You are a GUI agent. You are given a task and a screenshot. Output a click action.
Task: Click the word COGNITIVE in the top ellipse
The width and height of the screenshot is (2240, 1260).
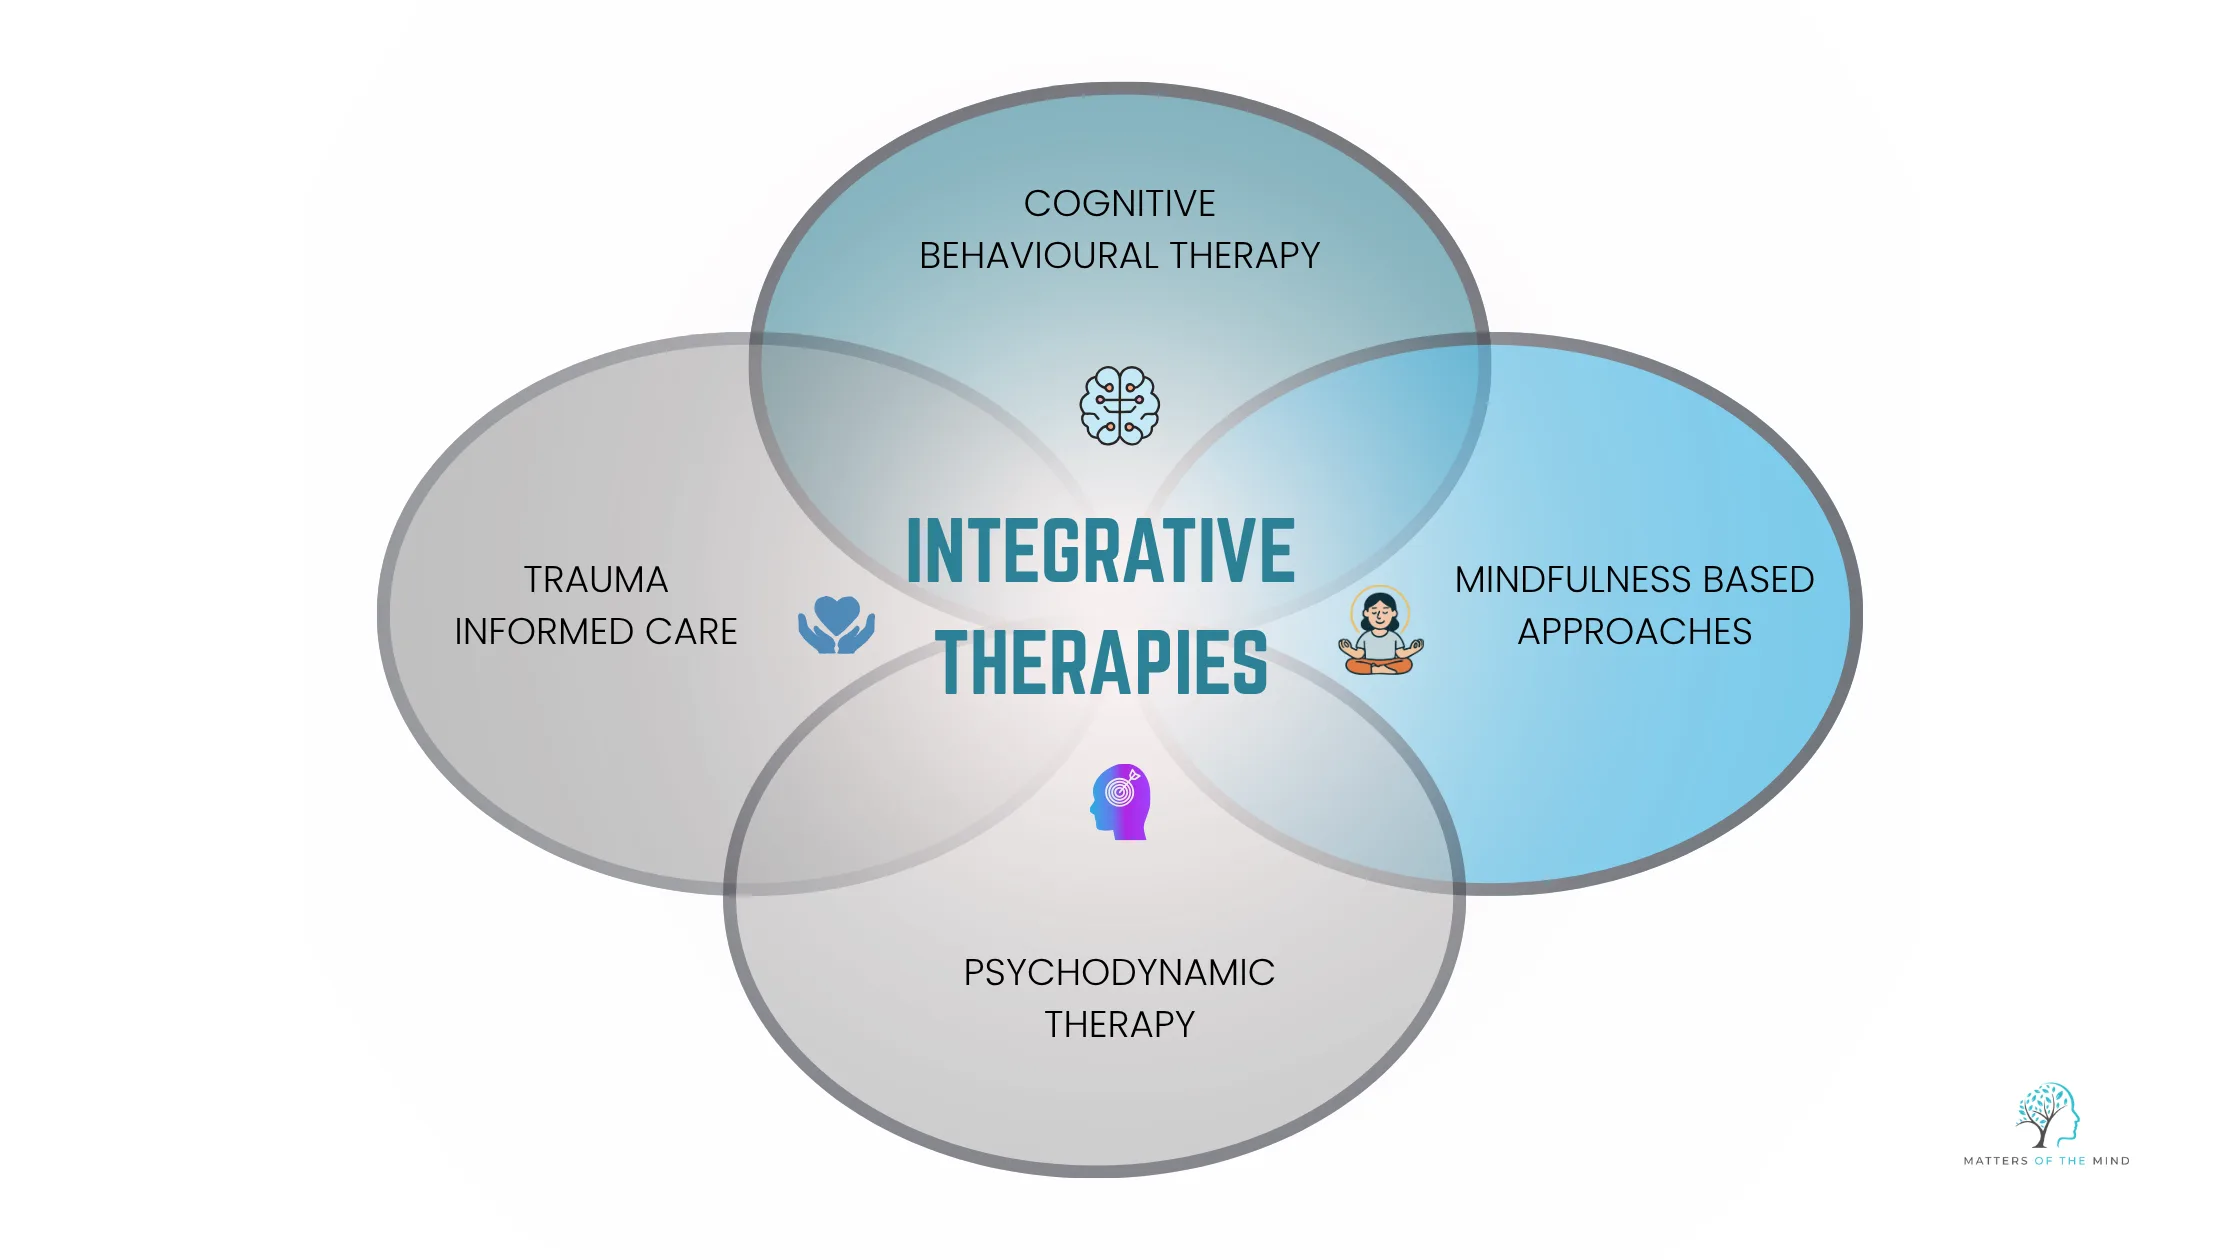1119,204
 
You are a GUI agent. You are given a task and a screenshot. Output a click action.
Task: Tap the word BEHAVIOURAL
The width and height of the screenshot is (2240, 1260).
1039,256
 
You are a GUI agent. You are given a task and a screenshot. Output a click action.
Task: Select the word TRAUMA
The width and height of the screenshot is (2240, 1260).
596,580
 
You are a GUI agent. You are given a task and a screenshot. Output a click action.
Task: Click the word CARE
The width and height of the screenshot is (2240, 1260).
691,632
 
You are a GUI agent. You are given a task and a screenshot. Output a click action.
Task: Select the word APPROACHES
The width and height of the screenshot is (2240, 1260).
1634,632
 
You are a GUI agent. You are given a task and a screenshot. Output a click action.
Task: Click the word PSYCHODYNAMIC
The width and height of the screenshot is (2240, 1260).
1119,973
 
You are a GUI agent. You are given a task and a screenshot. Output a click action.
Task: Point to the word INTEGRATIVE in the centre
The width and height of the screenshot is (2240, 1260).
1100,551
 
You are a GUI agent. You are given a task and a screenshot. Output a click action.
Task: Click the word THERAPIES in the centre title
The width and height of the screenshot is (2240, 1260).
1102,663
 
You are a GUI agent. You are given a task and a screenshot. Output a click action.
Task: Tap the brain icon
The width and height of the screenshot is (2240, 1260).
1119,405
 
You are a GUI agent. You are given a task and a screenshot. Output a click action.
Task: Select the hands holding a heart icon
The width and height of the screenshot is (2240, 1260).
836,626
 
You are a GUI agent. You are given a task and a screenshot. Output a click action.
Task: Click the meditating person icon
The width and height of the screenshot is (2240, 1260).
1380,632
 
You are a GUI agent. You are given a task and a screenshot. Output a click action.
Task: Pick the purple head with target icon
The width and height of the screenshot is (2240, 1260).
1121,802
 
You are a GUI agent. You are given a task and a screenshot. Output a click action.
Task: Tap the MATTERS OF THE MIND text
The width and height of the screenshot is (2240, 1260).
2046,1161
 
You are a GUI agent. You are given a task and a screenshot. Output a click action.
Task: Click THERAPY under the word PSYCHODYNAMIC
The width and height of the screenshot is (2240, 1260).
1119,1025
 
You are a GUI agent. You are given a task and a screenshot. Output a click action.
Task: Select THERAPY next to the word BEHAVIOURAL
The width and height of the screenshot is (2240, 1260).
1245,256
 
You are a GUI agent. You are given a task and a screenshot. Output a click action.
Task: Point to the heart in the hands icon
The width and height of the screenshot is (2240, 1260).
836,612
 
